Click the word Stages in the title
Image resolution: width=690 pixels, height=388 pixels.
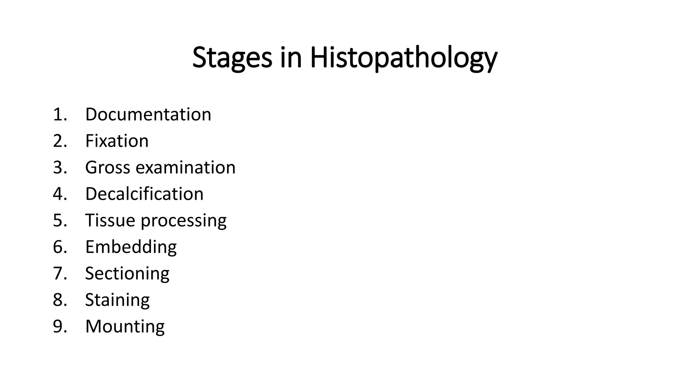pyautogui.click(x=232, y=58)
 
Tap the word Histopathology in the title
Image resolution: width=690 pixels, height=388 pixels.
pyautogui.click(x=403, y=58)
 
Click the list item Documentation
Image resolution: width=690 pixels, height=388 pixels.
pyautogui.click(x=148, y=115)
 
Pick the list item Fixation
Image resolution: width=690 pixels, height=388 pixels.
pyautogui.click(x=117, y=141)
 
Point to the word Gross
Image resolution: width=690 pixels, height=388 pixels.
pyautogui.click(x=107, y=167)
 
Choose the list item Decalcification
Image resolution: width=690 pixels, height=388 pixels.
pyautogui.click(x=144, y=194)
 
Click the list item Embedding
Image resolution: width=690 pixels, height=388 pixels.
pyautogui.click(x=131, y=247)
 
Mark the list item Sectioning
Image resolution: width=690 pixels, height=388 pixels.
pyautogui.click(x=127, y=273)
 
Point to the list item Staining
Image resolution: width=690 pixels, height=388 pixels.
pyautogui.click(x=117, y=300)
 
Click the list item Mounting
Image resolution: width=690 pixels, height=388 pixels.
pyautogui.click(x=125, y=327)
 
